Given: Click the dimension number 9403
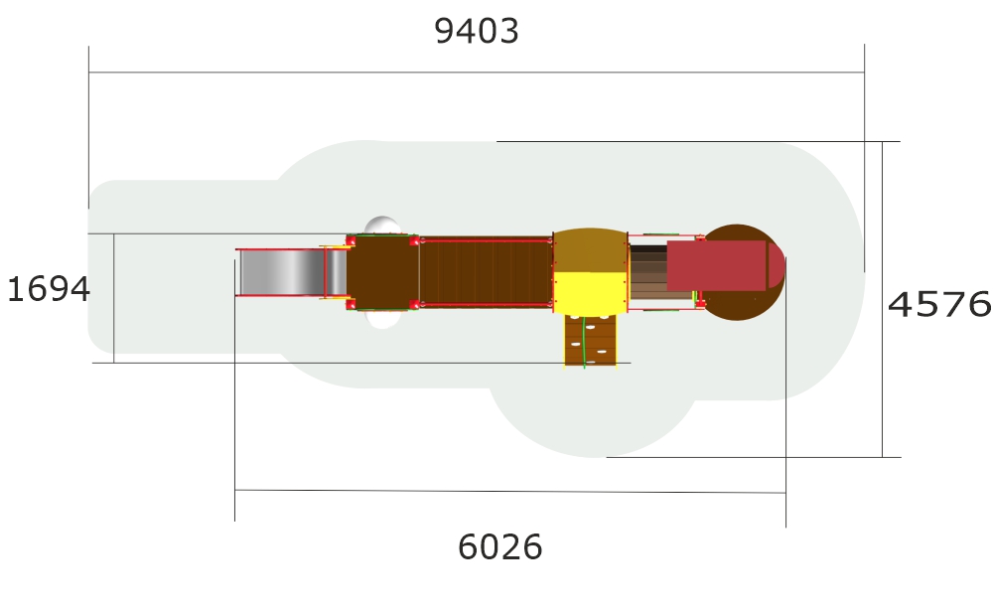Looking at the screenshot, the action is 477,31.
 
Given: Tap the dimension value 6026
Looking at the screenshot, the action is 499,546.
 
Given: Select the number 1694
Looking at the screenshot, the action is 48,289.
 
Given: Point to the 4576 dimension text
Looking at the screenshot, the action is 939,304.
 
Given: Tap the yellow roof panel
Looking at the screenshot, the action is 590,293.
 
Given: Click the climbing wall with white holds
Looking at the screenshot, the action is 590,340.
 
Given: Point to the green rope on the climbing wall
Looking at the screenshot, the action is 584,342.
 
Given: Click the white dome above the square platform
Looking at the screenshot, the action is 382,226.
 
